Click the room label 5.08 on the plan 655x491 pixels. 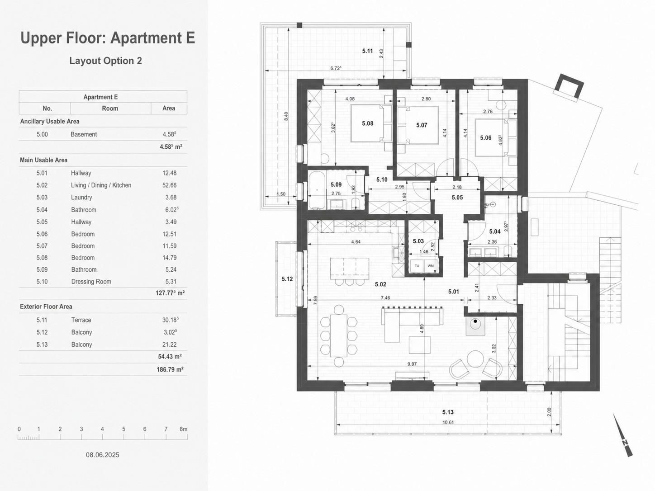tap(367, 123)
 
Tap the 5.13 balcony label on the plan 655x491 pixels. tap(448, 412)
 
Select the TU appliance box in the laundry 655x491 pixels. tap(417, 266)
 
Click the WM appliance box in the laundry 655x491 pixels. tap(431, 266)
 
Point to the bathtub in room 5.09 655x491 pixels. tap(317, 189)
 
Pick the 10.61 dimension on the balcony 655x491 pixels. tap(448, 422)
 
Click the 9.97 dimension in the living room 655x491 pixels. tap(412, 364)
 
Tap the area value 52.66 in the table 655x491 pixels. tap(169, 185)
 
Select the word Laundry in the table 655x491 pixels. tap(81, 198)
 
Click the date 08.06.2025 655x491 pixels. tap(102, 455)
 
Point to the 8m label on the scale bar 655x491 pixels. tap(184, 429)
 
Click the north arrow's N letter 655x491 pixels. tap(624, 443)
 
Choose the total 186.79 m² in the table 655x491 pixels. tap(170, 369)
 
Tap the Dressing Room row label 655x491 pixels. tap(91, 281)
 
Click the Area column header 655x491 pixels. tap(169, 108)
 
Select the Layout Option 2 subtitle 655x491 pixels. tap(106, 61)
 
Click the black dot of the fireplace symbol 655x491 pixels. tap(475, 321)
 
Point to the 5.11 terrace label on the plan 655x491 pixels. tap(367, 51)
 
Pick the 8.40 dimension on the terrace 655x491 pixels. tap(286, 116)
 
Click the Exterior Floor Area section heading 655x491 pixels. tap(46, 307)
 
